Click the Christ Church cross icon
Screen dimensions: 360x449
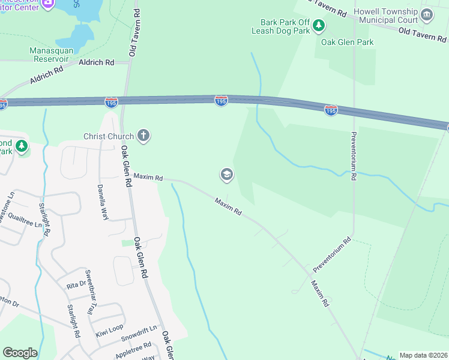(143, 136)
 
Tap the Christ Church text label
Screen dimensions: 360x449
(109, 136)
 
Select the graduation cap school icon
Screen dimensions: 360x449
(226, 175)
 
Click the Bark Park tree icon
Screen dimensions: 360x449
(319, 26)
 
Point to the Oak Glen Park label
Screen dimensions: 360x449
(347, 42)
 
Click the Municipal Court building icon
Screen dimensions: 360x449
(427, 15)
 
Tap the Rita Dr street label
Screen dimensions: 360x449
(76, 285)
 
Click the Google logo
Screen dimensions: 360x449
(20, 353)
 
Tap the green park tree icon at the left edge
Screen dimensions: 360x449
(22, 146)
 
